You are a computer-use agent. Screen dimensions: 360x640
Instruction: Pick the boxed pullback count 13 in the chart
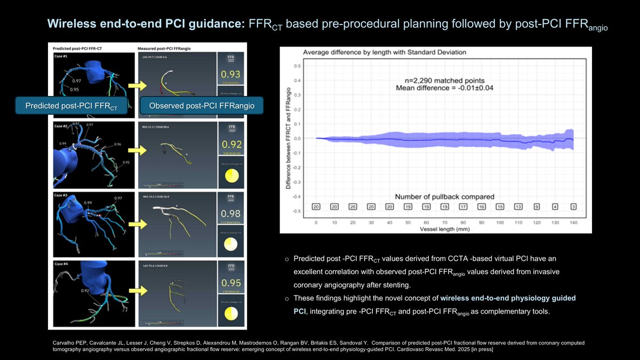pos(518,206)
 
